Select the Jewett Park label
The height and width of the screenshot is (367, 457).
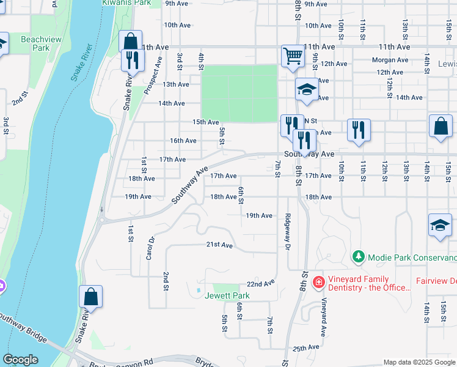pyautogui.click(x=227, y=296)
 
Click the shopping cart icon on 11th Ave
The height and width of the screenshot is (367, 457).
pyautogui.click(x=293, y=56)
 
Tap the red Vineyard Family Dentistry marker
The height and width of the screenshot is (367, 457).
pyautogui.click(x=318, y=282)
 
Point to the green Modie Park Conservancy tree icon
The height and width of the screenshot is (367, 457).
pyautogui.click(x=359, y=258)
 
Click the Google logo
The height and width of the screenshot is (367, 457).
pyautogui.click(x=20, y=360)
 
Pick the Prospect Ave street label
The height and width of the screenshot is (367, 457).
pyautogui.click(x=153, y=76)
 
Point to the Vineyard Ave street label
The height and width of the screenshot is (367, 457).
pyautogui.click(x=324, y=317)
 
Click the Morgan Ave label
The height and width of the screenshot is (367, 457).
pyautogui.click(x=390, y=60)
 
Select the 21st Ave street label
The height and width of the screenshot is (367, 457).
pyautogui.click(x=219, y=245)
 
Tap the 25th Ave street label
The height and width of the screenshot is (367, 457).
pyautogui.click(x=306, y=347)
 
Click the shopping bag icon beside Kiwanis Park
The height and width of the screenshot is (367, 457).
pyautogui.click(x=130, y=42)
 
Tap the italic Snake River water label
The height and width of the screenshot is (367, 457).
pyautogui.click(x=81, y=62)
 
